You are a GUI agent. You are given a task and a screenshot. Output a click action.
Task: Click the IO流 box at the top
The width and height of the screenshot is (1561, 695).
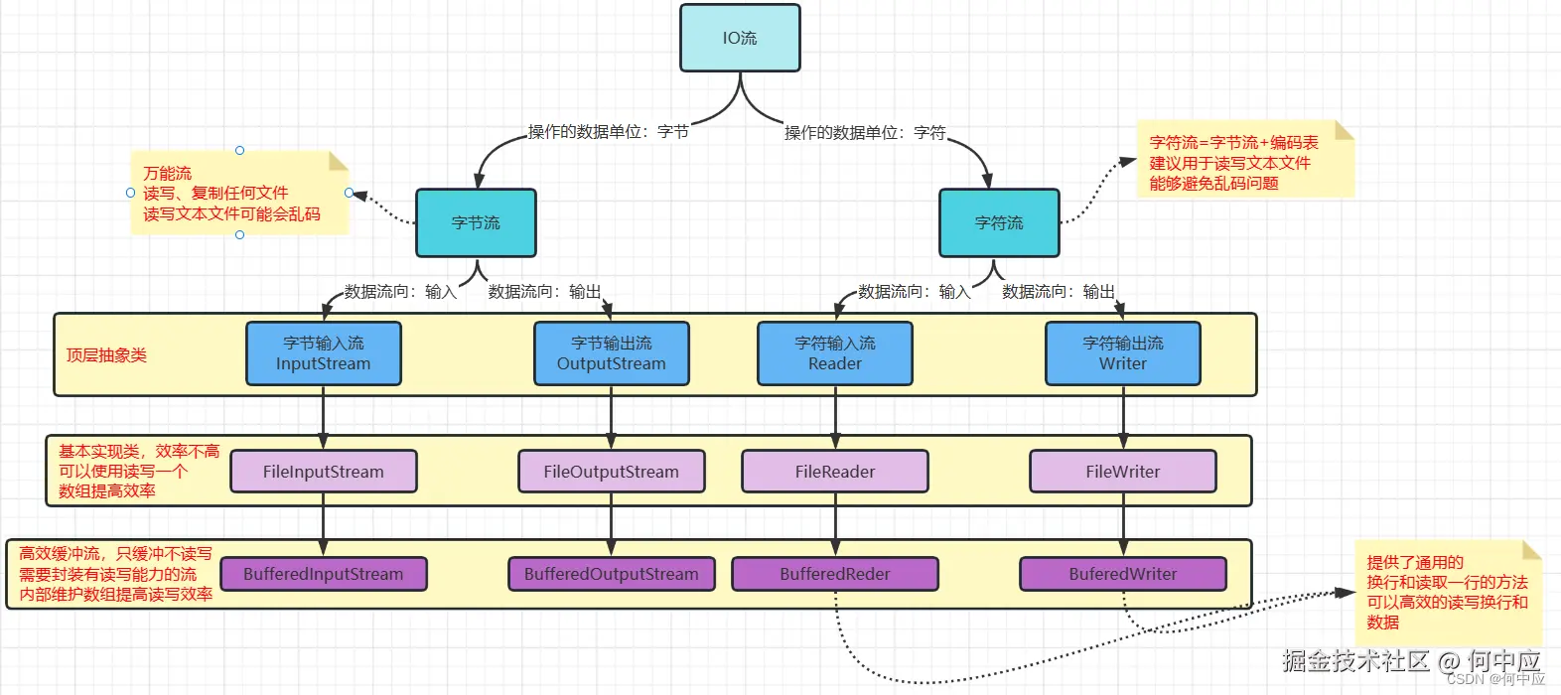740,38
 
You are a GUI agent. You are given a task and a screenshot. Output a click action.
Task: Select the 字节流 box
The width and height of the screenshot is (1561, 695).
476,223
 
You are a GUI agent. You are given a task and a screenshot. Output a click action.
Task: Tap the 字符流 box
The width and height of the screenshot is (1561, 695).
999,223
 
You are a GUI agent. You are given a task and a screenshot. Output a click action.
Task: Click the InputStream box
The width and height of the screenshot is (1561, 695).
324,353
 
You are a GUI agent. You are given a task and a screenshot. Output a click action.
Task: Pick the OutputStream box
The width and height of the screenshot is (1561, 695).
611,353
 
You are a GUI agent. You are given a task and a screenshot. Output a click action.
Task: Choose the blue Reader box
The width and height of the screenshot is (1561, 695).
835,353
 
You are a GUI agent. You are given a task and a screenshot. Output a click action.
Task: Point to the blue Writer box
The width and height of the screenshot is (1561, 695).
1123,353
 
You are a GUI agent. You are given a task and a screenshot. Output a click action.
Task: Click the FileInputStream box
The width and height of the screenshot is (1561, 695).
324,472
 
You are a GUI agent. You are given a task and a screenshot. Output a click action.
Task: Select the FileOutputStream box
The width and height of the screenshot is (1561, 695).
611,472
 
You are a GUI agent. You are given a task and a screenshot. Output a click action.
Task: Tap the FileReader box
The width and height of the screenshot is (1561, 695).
835,472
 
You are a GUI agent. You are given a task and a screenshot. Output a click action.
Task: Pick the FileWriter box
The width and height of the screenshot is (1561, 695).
1123,472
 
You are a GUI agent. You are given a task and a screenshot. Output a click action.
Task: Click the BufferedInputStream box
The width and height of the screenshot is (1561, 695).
324,574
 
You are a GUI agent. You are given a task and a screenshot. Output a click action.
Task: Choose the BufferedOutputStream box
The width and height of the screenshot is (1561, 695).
611,574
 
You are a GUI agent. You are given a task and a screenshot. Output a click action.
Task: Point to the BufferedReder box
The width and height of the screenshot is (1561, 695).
835,574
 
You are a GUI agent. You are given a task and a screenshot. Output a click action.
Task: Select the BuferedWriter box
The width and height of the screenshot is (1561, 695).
1123,574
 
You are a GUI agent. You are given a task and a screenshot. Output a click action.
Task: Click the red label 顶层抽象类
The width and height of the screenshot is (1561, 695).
106,355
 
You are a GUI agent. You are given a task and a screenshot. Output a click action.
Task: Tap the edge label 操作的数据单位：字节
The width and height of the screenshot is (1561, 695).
609,132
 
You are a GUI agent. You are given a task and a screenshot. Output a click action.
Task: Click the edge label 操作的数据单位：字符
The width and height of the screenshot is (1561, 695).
865,132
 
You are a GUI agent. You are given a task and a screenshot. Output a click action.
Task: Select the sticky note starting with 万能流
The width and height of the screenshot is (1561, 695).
239,193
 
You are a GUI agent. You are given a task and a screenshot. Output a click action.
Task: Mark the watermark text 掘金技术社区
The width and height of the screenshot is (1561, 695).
1355,659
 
